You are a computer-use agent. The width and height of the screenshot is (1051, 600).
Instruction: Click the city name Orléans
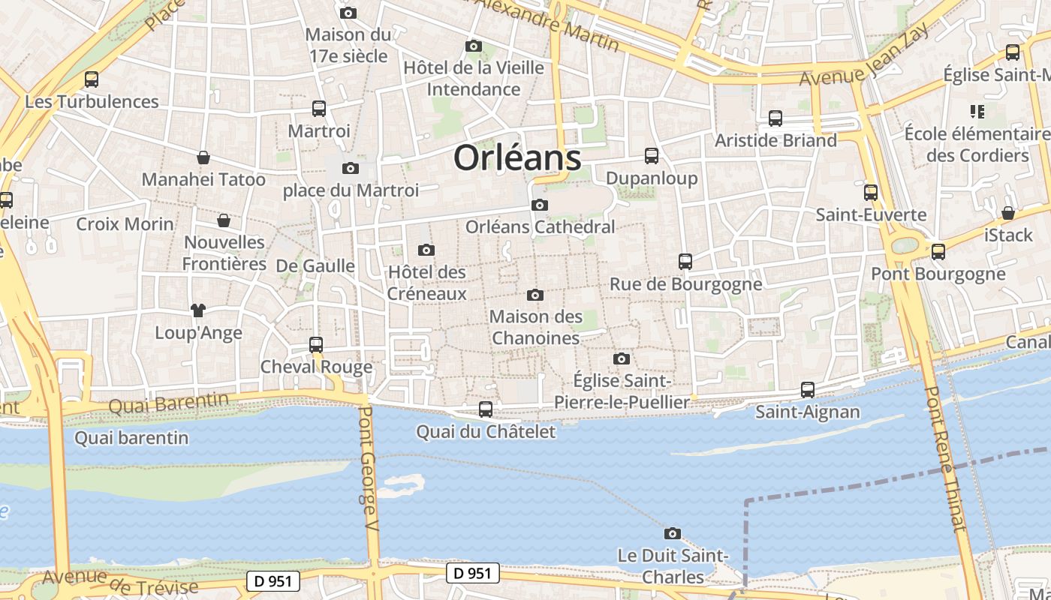pos(517,158)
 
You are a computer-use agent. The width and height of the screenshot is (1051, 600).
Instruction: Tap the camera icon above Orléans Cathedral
pos(539,205)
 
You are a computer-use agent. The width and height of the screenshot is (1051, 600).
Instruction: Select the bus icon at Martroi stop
pos(319,109)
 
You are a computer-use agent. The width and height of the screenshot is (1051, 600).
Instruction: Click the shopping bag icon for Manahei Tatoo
pos(203,157)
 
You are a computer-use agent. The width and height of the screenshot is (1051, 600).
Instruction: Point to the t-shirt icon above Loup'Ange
pos(198,310)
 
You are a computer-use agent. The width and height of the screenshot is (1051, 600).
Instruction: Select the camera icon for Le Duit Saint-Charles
pos(673,533)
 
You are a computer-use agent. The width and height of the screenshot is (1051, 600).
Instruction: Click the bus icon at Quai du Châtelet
pos(486,409)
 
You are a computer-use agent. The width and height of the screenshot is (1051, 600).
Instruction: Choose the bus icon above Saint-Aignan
pos(808,390)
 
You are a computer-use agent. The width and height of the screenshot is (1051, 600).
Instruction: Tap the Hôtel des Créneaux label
pos(426,283)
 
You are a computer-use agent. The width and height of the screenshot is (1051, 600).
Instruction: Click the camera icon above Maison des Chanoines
pos(535,295)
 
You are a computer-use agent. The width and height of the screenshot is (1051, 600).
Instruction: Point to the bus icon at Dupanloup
pos(652,156)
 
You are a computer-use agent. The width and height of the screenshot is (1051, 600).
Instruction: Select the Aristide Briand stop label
pos(775,140)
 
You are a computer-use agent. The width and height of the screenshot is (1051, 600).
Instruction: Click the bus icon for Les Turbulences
pos(92,79)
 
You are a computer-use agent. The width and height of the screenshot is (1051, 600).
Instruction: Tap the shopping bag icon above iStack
pos(1008,213)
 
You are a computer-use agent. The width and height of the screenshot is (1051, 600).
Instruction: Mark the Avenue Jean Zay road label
pos(864,56)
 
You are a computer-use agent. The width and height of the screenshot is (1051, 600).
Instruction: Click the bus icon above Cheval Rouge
pos(316,345)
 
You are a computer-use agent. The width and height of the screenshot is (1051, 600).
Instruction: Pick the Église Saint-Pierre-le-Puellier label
pos(622,391)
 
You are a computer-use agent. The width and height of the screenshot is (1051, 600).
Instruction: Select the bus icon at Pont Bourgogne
pos(938,252)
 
